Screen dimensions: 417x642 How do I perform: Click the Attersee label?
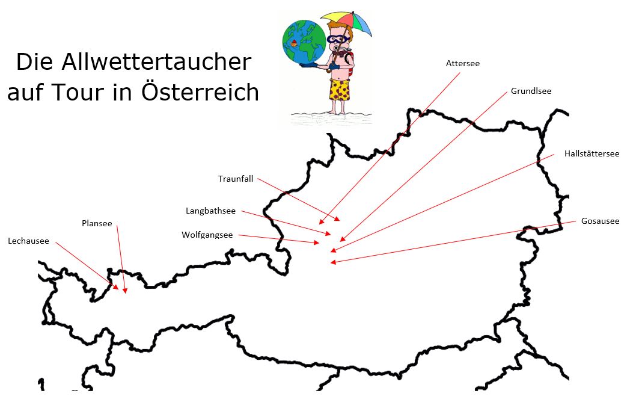tap(462, 63)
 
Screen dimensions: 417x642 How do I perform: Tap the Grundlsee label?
tap(531, 91)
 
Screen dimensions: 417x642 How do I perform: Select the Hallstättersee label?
tap(592, 153)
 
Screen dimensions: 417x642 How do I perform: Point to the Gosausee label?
tap(600, 221)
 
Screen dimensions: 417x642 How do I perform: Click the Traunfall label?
tap(236, 179)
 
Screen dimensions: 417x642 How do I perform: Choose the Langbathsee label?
tap(210, 211)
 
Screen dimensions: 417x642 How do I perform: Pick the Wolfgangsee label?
tap(207, 235)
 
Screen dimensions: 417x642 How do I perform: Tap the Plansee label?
tap(97, 223)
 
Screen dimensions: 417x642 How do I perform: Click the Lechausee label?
tap(29, 241)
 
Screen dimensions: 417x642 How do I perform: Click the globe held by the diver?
tap(304, 42)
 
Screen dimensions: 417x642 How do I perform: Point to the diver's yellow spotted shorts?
tap(340, 90)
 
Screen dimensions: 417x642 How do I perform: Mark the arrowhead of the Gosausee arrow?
tap(332, 262)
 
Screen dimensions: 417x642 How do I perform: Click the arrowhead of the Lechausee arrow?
tap(116, 288)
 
